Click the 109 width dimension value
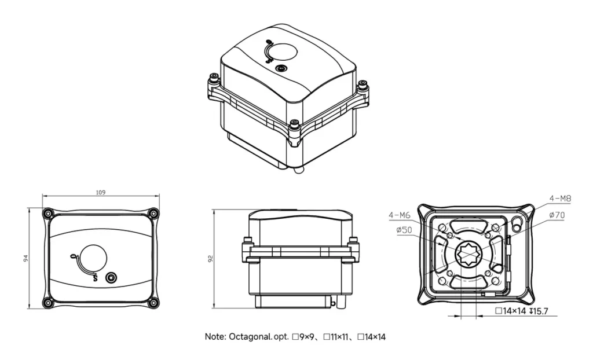[x=101, y=192]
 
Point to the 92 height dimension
[x=210, y=259]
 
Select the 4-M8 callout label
[x=560, y=199]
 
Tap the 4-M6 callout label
[x=400, y=215]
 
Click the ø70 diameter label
[x=557, y=215]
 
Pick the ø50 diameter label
[x=404, y=230]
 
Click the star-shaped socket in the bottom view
[x=468, y=253]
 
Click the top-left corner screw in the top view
[x=48, y=213]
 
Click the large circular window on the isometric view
[x=284, y=54]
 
